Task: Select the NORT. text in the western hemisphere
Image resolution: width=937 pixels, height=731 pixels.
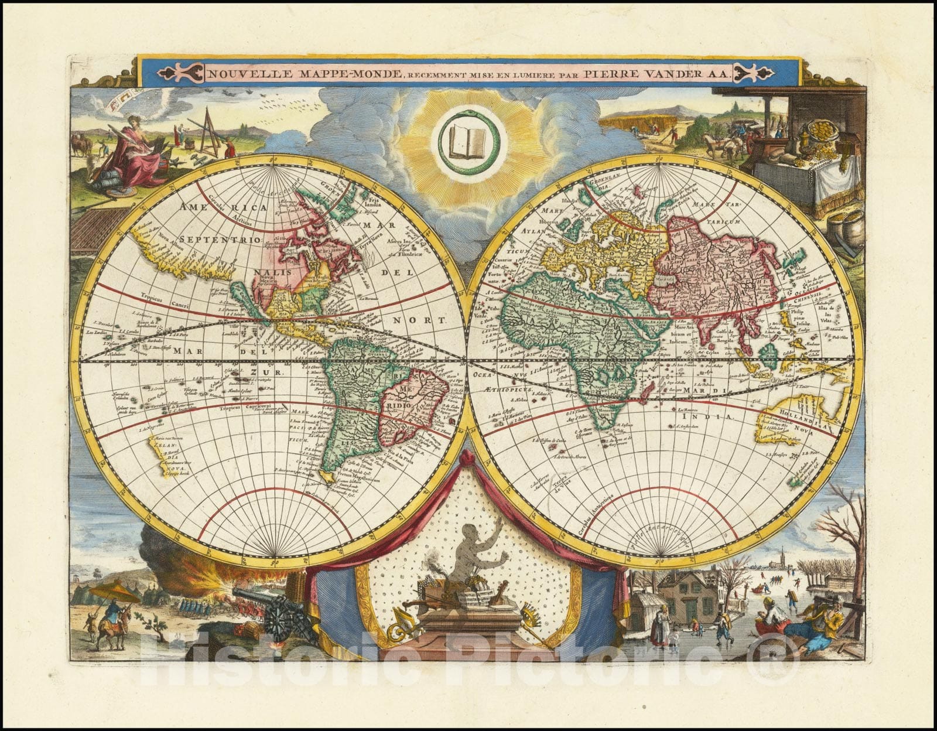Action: point(428,320)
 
